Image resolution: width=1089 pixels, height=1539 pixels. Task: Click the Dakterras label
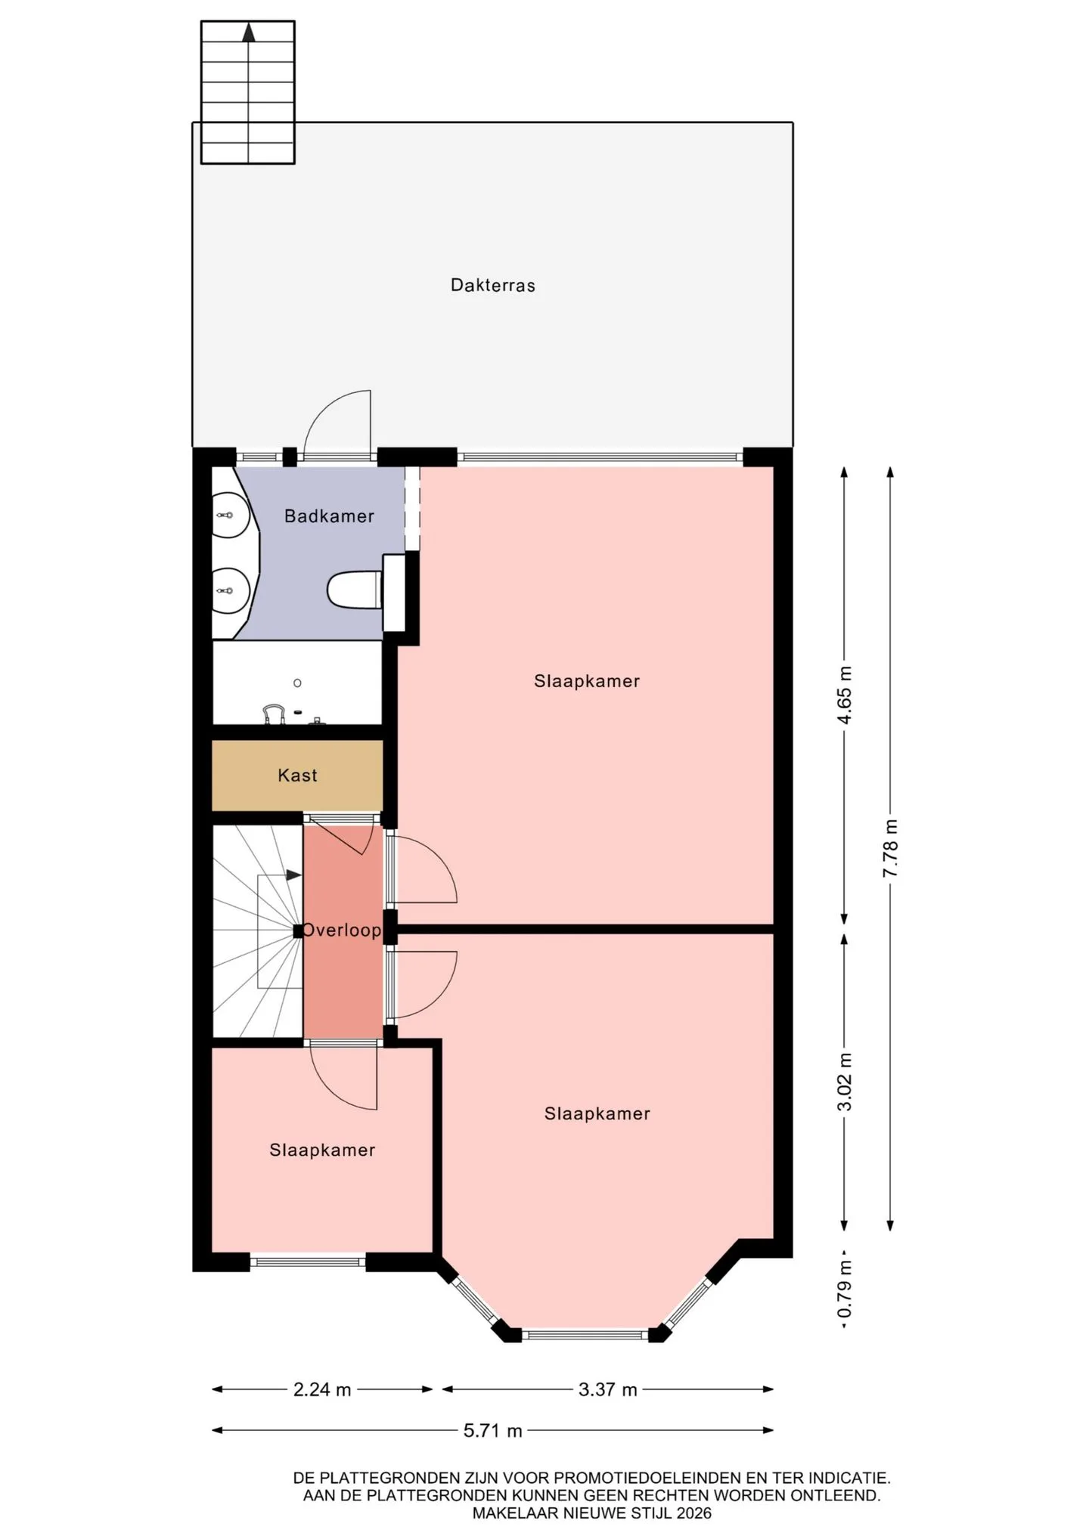[x=492, y=285]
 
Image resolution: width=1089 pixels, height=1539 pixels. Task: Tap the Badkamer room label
[x=329, y=516]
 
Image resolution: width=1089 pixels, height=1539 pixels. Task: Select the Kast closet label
[x=297, y=775]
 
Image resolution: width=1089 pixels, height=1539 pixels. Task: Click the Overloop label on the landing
[x=342, y=930]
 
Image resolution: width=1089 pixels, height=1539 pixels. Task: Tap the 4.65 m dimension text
[x=845, y=695]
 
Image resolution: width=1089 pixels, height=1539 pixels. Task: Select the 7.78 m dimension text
[x=891, y=848]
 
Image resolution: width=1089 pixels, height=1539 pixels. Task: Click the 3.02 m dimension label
[x=845, y=1082]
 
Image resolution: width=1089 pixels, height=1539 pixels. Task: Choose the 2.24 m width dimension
[x=322, y=1389]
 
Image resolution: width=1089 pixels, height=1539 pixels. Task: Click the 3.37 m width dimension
[x=608, y=1389]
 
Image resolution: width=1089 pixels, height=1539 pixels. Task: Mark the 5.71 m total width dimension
[x=493, y=1430]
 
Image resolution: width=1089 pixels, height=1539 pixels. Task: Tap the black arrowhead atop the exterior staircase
[x=248, y=32]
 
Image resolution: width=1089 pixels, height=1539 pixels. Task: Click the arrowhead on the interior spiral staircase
[x=294, y=875]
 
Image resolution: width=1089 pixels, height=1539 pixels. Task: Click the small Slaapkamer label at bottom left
[x=322, y=1150]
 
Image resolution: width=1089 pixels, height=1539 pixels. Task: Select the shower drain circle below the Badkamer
[x=297, y=683]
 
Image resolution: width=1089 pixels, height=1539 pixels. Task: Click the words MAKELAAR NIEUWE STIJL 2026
[x=592, y=1513]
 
